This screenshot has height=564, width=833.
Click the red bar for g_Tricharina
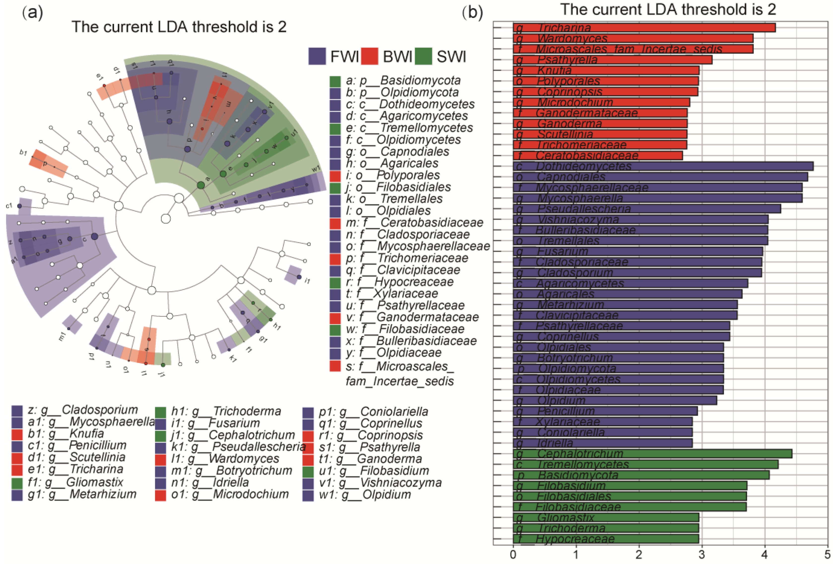point(644,28)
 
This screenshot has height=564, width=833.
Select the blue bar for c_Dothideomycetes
point(663,166)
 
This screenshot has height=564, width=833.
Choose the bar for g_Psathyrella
point(612,60)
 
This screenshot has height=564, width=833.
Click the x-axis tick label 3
point(701,555)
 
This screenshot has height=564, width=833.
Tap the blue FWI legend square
point(317,56)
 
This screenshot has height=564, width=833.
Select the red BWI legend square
point(369,56)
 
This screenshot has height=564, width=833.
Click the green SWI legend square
point(423,56)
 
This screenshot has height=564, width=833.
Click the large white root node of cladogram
point(166,218)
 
